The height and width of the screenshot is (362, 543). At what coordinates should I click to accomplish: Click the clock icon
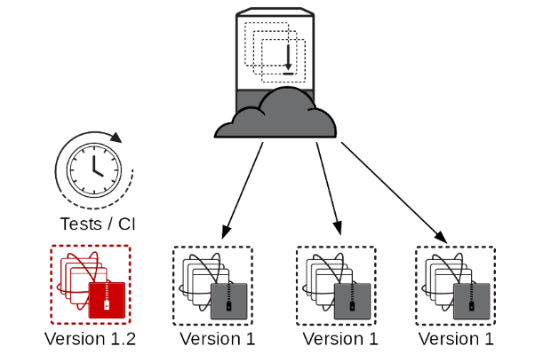pyautogui.click(x=92, y=166)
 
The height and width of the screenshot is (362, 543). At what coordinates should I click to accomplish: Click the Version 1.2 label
pyautogui.click(x=90, y=339)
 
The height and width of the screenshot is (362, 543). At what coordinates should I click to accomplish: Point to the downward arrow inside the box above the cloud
pyautogui.click(x=288, y=59)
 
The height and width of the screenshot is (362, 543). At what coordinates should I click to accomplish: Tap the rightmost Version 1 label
pyautogui.click(x=455, y=339)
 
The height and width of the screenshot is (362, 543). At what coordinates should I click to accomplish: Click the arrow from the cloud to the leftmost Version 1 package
pyautogui.click(x=242, y=189)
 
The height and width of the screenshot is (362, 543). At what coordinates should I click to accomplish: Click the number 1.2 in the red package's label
pyautogui.click(x=124, y=339)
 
